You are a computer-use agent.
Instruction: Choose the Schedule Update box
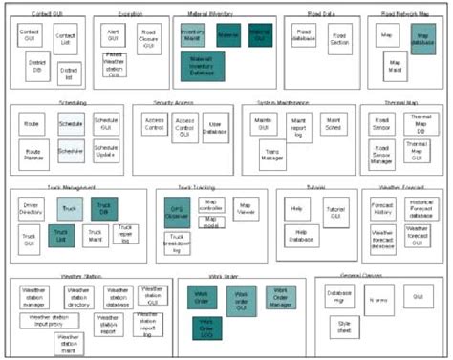pyautogui.click(x=105, y=152)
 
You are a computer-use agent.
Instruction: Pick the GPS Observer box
pyautogui.click(x=178, y=212)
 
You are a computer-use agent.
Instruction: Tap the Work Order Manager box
pyautogui.click(x=277, y=297)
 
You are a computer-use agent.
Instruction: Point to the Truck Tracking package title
pyautogui.click(x=197, y=187)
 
